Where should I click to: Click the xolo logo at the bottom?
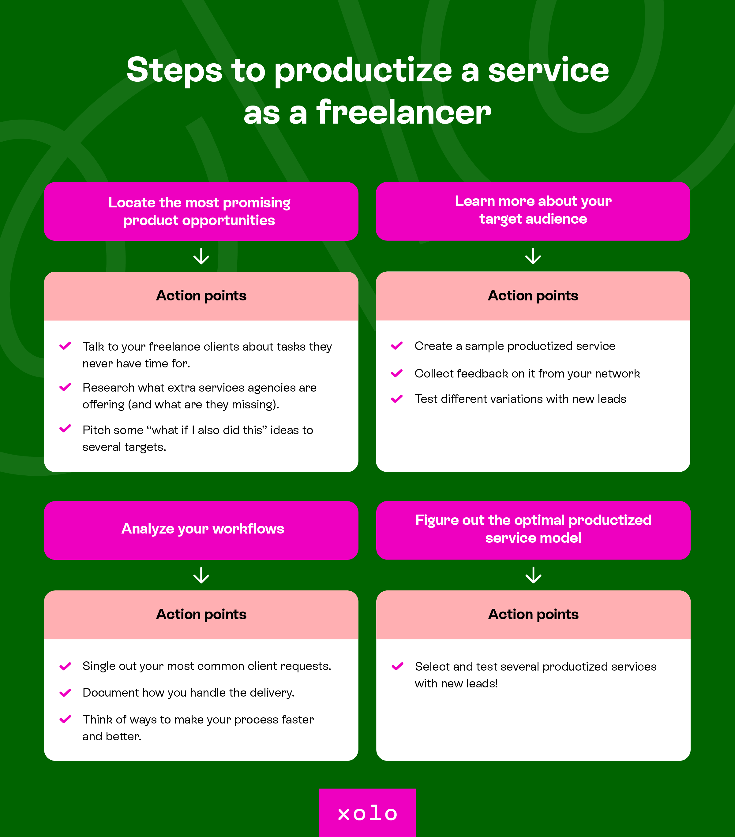click(x=367, y=813)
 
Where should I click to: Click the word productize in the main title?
click(x=362, y=70)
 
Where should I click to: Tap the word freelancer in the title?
click(x=403, y=113)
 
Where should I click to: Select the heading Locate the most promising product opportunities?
click(x=200, y=211)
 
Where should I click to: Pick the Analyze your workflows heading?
click(x=203, y=529)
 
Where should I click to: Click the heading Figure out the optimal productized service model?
click(x=533, y=529)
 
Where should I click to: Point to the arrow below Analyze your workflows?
click(x=201, y=575)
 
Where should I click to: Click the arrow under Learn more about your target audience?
click(x=533, y=256)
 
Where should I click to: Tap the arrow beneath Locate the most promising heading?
click(x=201, y=256)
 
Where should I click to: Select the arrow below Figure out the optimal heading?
click(x=534, y=575)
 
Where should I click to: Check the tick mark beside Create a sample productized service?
click(x=397, y=346)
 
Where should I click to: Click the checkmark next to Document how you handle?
click(x=66, y=693)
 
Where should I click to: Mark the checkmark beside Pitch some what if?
click(x=66, y=429)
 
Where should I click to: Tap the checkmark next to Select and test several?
click(x=397, y=667)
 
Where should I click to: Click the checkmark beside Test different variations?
click(x=397, y=399)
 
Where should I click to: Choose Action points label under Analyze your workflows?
click(x=201, y=615)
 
